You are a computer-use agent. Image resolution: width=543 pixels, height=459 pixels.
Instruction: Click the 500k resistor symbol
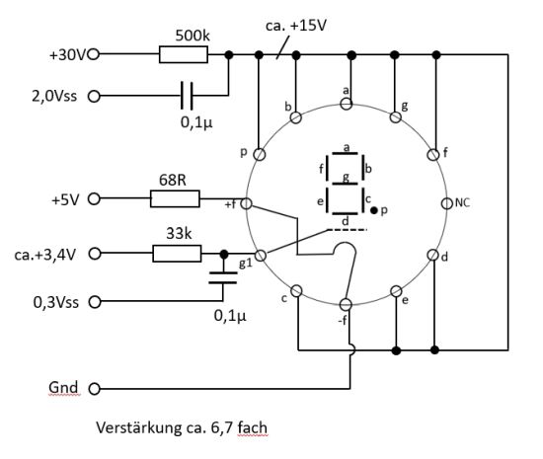pos(184,54)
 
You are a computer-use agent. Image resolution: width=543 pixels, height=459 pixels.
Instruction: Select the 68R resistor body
pos(175,198)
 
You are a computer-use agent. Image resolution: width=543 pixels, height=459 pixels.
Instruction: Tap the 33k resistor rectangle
pos(177,254)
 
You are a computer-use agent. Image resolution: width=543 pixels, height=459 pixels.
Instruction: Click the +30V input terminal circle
pos(94,54)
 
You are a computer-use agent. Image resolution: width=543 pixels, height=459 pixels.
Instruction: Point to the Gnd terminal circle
pos(94,389)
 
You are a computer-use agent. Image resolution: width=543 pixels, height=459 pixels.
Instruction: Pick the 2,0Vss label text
pos(54,96)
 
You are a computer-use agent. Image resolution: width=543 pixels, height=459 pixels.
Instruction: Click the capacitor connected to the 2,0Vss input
pos(187,96)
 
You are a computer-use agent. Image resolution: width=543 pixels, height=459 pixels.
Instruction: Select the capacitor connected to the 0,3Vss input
pos(223,278)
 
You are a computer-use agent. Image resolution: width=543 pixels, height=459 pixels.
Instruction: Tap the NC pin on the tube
pos(447,203)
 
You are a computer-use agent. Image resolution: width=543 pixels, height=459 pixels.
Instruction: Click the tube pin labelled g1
pos(261,256)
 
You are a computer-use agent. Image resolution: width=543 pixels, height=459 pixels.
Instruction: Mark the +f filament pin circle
pos(246,203)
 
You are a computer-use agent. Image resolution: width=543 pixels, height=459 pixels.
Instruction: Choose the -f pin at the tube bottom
pos(346,305)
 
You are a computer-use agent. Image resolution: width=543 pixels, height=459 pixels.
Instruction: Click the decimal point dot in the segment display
pos(374,210)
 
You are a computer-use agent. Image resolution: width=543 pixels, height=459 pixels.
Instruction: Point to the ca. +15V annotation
pos(296,26)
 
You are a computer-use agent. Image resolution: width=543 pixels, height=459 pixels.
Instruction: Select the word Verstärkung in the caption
pos(139,427)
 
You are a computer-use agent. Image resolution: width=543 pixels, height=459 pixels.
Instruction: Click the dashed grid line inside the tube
pos(347,229)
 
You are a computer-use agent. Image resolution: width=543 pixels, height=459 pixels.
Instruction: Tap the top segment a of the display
pos(345,153)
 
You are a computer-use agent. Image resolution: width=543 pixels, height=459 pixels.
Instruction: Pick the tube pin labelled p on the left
pos(260,154)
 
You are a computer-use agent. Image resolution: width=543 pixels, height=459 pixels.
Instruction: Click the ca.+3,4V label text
pos(45,255)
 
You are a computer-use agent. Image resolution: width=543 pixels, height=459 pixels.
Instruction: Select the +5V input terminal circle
pos(94,199)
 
